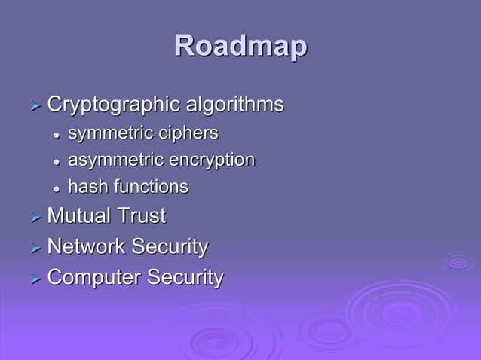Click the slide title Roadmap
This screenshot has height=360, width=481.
point(240,47)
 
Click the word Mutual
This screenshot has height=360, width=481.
point(78,216)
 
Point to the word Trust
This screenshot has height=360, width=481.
point(141,216)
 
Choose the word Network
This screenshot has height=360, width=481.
point(87,246)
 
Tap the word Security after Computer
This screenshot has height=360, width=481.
point(185,277)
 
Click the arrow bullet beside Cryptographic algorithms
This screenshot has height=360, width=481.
point(34,105)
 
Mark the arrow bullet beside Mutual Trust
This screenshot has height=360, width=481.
point(34,218)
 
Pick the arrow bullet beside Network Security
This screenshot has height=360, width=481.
point(34,248)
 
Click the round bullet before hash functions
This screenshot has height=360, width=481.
point(56,188)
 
